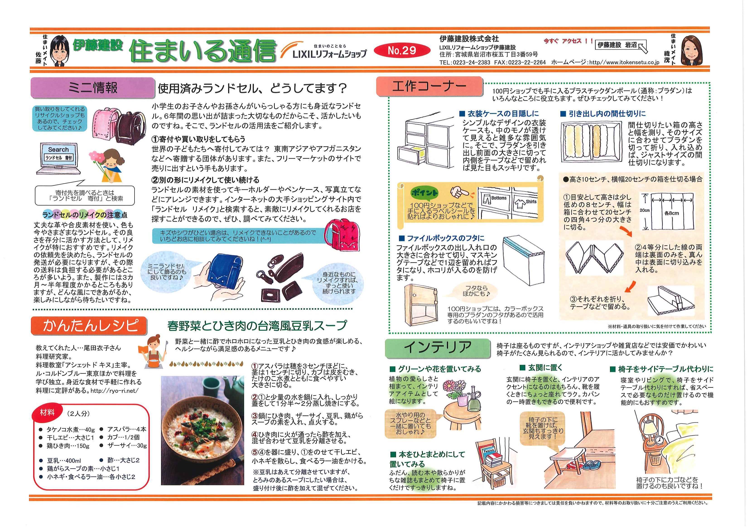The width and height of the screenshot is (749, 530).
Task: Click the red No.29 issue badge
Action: coord(402,50)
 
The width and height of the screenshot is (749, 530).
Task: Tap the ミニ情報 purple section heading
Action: coord(92,88)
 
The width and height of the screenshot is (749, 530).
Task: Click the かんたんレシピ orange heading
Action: coord(89,326)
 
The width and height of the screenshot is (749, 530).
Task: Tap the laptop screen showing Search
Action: coord(58,155)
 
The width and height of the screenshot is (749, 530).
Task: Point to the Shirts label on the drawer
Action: coord(531,201)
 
